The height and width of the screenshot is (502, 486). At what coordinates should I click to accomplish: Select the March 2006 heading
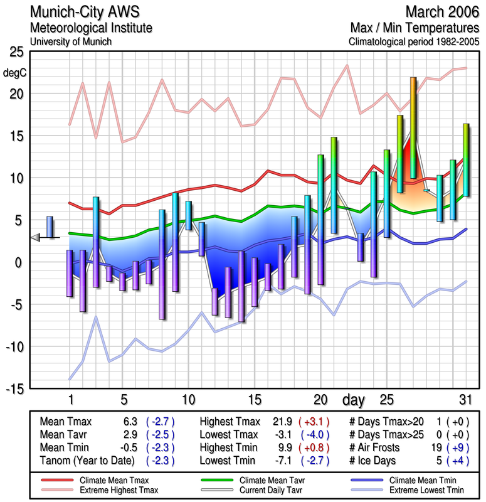point(442,12)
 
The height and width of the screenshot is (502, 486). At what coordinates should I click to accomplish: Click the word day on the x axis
point(355,399)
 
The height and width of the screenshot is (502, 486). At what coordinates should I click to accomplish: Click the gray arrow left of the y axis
point(36,237)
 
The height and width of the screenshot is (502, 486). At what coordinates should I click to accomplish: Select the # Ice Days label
point(374,461)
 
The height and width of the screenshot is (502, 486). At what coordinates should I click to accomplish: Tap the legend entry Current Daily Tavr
point(274,489)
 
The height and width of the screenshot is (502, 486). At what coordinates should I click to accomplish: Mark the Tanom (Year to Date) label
point(87,461)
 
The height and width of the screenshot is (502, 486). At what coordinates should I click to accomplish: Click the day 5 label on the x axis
point(124,398)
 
